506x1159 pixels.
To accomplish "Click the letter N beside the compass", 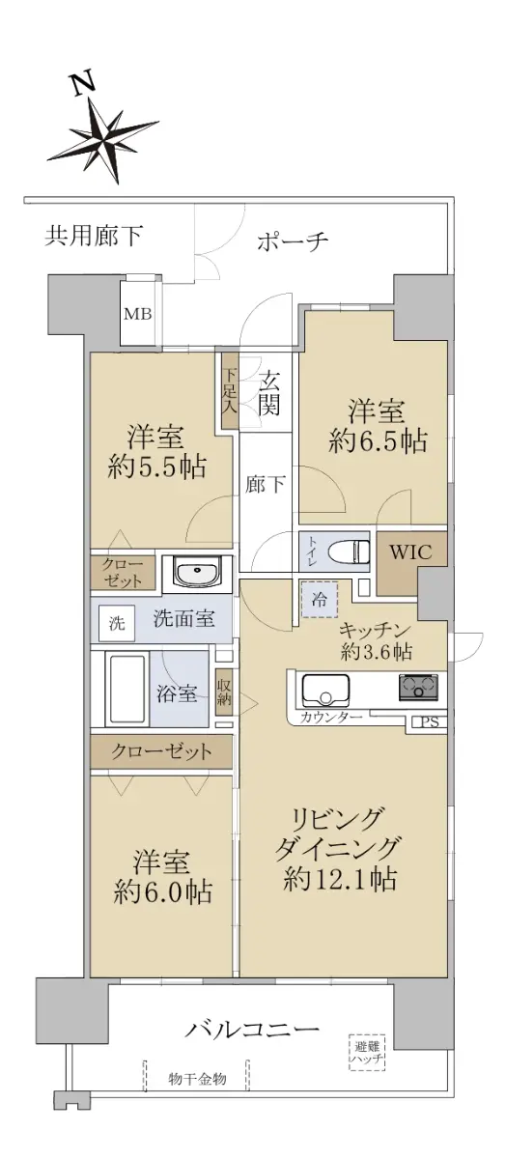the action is pos(83,84).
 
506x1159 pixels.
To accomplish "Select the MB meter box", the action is pos(137,314).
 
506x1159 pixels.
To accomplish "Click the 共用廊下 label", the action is pos(94,236).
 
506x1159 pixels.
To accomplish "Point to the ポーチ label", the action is pos(293,241).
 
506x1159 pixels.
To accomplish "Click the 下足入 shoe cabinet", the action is pos(230,390).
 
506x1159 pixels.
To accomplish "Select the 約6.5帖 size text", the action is pos(378,441).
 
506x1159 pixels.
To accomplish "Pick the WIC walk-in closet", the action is pos(410,562).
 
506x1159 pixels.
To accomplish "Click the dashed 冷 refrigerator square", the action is pos(320,599).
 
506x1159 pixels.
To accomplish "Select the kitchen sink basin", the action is pos(324,690).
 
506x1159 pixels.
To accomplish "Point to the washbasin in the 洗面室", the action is pos(197,574).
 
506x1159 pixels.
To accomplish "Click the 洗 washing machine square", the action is pos(118,623).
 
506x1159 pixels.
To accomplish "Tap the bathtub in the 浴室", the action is pos(126,690).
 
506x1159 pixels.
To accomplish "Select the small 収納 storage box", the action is pos(224,693).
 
